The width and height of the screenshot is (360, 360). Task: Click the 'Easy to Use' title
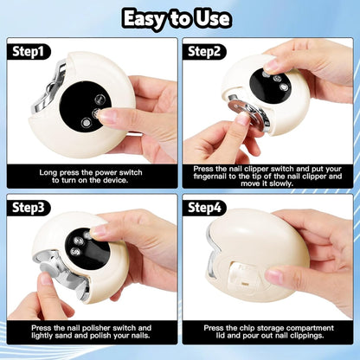point(177,19)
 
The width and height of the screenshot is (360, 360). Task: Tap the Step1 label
point(28,52)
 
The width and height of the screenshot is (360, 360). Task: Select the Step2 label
point(204,52)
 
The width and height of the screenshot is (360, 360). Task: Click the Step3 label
point(29,208)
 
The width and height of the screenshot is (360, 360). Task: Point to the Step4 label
point(204,208)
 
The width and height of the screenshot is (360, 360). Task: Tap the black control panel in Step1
point(86,106)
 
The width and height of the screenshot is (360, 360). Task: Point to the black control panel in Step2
point(270,86)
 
